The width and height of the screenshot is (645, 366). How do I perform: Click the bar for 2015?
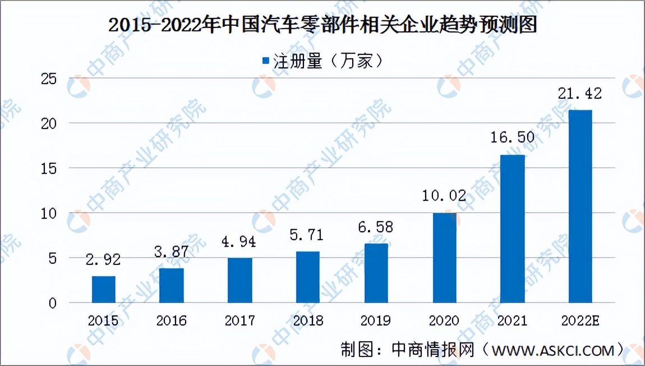point(104,290)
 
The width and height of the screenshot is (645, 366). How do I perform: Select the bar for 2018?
point(308,277)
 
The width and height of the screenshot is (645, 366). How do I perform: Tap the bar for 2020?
point(444,258)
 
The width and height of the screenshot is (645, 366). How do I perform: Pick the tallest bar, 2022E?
point(580,207)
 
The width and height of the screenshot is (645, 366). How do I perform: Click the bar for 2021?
point(512,228)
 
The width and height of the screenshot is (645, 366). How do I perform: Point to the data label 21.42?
point(580,94)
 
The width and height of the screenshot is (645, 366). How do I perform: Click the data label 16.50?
point(512,138)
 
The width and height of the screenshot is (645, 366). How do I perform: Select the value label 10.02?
point(444,196)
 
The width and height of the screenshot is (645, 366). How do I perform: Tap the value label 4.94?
point(239,242)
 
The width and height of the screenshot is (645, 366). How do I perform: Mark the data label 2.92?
point(104,260)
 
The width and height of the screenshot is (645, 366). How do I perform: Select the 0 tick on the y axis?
point(53,303)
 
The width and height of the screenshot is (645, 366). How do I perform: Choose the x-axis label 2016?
point(172,321)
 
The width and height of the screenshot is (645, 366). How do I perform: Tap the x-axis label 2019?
point(376,321)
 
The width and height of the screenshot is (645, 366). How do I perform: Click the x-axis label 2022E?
point(580,321)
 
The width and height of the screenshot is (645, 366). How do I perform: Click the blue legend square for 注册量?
point(266,61)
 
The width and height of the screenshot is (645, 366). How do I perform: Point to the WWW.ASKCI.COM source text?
point(552,350)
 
